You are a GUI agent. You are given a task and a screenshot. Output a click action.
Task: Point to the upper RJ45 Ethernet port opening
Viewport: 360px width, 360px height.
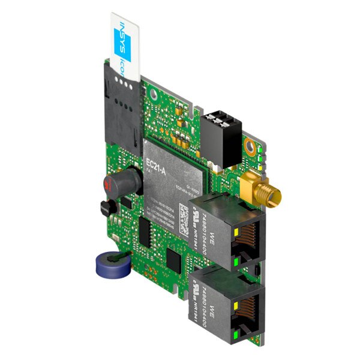click(x=247, y=240)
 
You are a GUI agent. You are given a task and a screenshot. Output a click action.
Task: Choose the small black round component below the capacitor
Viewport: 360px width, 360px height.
click(x=106, y=209)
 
